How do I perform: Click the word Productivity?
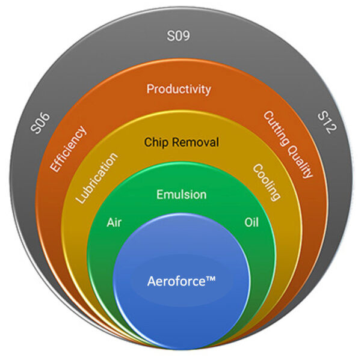[179, 89]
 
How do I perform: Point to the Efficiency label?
[69, 148]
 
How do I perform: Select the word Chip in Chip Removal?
[156, 142]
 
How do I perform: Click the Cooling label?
[266, 182]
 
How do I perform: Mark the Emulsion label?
[181, 195]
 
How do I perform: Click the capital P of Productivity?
[150, 89]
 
